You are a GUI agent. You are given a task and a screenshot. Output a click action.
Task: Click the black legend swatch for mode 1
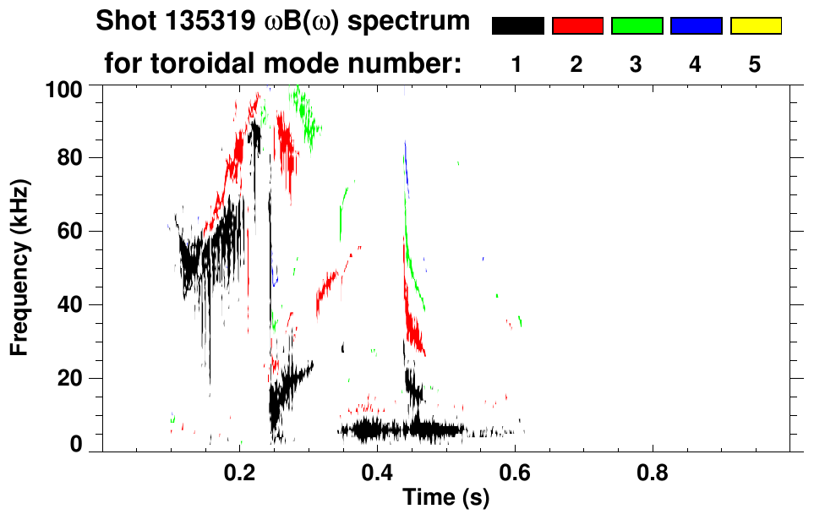517,26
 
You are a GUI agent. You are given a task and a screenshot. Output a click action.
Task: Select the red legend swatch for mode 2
577,26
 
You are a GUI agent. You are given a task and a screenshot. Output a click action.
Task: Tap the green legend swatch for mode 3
636,26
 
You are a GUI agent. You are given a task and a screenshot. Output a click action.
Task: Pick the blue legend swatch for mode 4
696,26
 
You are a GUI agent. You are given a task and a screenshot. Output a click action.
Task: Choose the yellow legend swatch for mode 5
756,26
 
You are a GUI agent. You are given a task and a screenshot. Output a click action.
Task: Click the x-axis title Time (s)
445,499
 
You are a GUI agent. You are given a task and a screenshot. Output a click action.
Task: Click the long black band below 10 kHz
397,430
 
